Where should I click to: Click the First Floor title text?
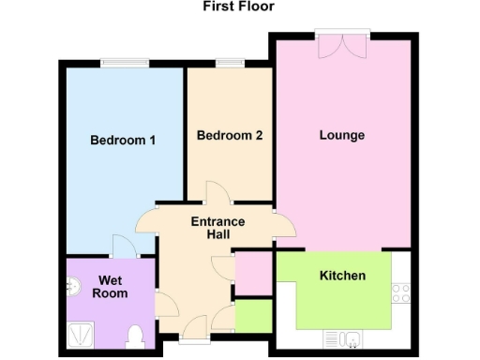point(239,6)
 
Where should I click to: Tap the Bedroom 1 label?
point(123,141)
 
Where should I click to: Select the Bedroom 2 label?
point(230,136)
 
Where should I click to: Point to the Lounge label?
point(342,136)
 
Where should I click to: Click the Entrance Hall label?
point(218,228)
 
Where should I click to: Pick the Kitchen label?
point(343,276)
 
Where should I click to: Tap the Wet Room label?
point(109,286)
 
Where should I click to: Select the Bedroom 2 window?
point(230,63)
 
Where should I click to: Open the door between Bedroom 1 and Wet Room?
point(123,246)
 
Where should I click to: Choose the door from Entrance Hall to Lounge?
point(282,226)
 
